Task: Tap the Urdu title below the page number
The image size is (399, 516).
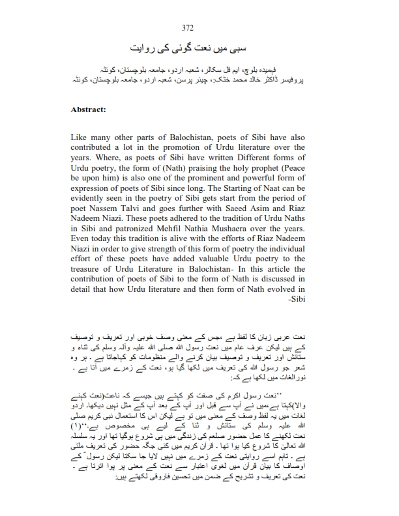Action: tap(200, 48)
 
